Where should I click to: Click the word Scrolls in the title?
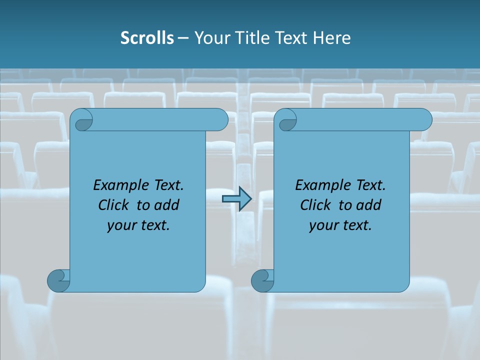point(147,38)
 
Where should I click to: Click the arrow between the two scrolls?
point(236,199)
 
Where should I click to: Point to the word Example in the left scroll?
point(116,185)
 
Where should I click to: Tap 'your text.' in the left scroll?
point(138,225)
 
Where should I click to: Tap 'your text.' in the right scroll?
point(340,225)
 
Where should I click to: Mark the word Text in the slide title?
point(292,38)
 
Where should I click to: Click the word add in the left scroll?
point(167,205)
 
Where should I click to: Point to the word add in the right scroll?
point(369,205)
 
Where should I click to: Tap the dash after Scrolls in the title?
point(182,38)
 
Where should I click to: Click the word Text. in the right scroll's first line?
point(370,185)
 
